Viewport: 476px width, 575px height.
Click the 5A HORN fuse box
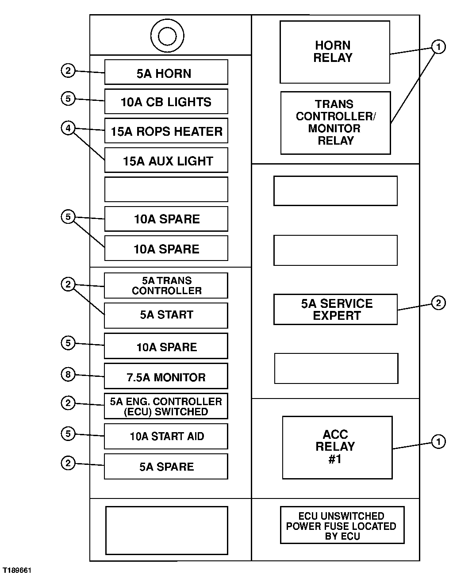pos(166,72)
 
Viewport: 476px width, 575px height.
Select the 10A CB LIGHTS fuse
pos(166,101)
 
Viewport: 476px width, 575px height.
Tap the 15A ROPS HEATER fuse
pos(166,131)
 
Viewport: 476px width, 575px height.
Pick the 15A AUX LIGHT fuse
pos(166,160)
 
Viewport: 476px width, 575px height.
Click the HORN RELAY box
pos(335,52)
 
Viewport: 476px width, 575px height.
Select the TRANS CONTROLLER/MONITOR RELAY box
pos(335,123)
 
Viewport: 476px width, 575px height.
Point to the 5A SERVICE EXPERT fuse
pos(335,310)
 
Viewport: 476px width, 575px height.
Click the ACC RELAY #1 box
pos(338,448)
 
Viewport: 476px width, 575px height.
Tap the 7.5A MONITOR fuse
pos(166,376)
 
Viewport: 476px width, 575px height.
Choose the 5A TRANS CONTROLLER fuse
pos(166,286)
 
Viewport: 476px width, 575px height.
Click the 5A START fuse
pos(166,316)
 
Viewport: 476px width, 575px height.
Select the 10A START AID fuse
pos(166,436)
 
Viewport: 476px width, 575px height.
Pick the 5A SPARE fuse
pos(166,467)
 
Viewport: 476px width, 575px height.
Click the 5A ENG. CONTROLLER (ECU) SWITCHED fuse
pos(166,406)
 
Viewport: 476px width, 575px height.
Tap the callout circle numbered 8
pos(68,374)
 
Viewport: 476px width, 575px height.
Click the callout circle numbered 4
pos(68,128)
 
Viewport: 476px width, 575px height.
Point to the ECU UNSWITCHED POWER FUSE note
pos(342,525)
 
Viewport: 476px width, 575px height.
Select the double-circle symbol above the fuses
pos(167,36)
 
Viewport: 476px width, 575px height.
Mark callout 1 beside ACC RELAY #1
pos(438,442)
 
